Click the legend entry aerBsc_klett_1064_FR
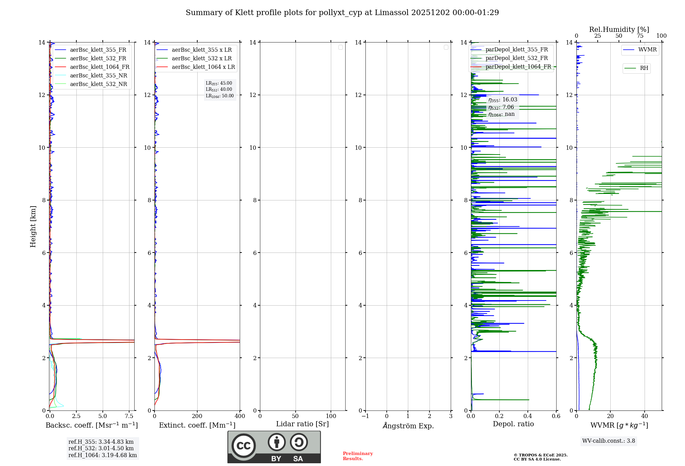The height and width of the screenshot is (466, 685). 100,67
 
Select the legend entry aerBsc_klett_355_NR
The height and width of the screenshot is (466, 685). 98,76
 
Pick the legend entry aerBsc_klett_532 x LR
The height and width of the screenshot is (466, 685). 201,59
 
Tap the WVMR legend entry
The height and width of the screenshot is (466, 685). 647,50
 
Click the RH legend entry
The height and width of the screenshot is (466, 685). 644,68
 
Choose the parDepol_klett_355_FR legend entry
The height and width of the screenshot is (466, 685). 516,50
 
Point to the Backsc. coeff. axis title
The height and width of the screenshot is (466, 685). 91,425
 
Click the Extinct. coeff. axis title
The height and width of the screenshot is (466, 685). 197,425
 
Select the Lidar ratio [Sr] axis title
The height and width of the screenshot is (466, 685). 302,424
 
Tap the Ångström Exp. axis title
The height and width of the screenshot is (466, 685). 408,426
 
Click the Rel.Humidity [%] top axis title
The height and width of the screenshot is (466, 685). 619,29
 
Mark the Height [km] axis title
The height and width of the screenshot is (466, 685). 33,226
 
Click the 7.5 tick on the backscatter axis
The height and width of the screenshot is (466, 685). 129,416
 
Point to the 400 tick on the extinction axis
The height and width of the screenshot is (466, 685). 240,416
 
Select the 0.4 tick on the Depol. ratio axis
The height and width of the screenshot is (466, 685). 528,416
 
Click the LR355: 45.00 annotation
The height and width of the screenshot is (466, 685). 219,83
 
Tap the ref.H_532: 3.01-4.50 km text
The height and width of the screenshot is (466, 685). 101,449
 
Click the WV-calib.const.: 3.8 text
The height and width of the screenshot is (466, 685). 609,441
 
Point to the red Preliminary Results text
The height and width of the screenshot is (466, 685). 358,456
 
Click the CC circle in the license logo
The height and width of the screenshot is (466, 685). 244,446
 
